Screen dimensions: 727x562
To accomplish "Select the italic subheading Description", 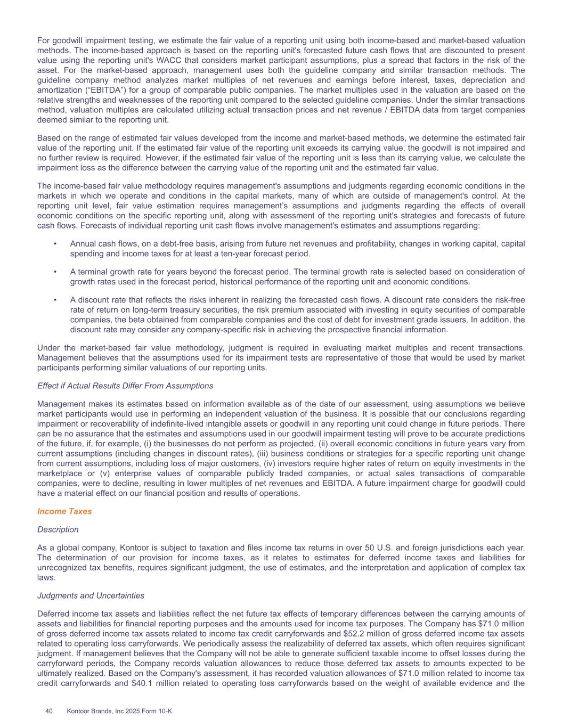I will [58, 529].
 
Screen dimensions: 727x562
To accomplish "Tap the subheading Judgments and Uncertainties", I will [91, 595].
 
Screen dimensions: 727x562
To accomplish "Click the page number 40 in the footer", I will [49, 710].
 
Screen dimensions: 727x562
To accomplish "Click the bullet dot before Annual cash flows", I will [55, 244].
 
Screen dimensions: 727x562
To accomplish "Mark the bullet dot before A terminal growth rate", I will [55, 272].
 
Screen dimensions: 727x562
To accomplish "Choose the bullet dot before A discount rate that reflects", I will [55, 300].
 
